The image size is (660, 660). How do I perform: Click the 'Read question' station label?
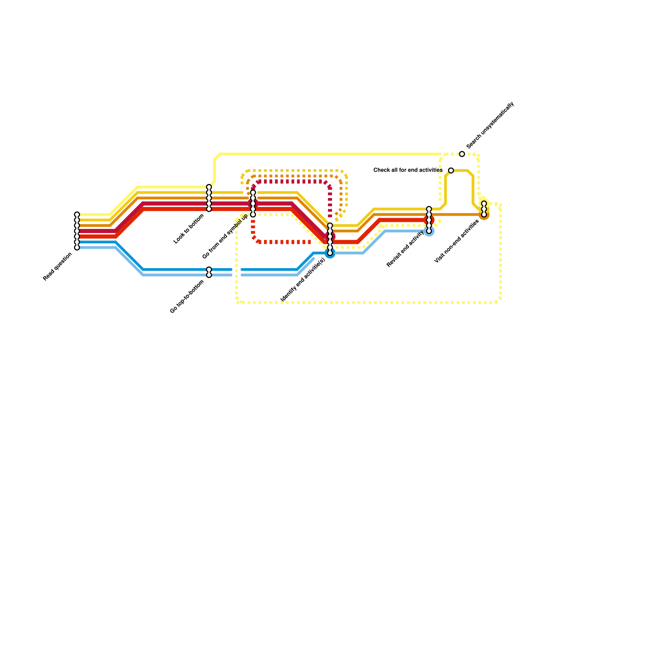tap(58, 266)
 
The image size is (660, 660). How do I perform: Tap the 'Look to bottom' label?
tap(189, 229)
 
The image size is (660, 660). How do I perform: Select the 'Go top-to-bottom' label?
tap(187, 297)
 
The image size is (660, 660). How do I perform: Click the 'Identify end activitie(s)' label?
tap(303, 279)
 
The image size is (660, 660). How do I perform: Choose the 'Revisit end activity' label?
tap(405, 249)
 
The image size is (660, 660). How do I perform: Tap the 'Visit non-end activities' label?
tap(457, 241)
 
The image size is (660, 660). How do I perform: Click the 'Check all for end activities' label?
tap(408, 170)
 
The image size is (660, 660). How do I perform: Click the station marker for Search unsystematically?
tap(462, 154)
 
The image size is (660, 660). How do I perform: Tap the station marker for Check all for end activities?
tap(451, 170)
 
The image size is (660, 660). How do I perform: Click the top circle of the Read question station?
tap(77, 214)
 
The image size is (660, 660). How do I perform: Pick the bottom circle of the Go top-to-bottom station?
tap(209, 275)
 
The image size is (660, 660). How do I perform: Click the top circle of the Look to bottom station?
tap(209, 187)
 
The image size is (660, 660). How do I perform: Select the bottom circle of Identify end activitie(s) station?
tap(330, 253)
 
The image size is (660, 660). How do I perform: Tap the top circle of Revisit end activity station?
tap(429, 209)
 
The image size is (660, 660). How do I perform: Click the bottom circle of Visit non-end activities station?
tap(484, 214)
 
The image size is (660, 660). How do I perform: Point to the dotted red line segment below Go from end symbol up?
tap(285, 242)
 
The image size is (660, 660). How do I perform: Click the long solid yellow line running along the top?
tap(330, 154)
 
